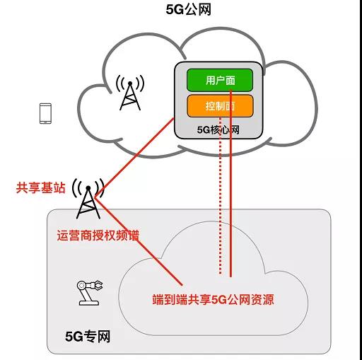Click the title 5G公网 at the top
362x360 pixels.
click(188, 10)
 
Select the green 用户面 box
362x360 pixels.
click(220, 80)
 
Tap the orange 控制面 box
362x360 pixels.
click(220, 106)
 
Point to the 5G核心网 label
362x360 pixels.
click(218, 130)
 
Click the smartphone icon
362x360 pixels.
click(45, 113)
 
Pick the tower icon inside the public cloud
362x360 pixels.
click(130, 93)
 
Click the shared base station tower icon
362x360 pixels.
click(88, 199)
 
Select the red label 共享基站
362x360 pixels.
click(40, 188)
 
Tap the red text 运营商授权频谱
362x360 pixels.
click(98, 235)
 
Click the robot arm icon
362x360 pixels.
click(90, 293)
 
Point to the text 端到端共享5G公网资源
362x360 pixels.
click(214, 300)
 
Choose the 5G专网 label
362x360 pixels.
click(88, 337)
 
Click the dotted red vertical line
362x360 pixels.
click(220, 196)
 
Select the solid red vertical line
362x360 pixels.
click(230, 183)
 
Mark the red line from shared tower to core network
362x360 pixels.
click(134, 158)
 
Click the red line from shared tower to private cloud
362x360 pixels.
click(139, 241)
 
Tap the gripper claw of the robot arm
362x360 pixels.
click(98, 285)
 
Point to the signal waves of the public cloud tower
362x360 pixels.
click(130, 83)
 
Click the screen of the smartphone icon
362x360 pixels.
click(45, 113)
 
